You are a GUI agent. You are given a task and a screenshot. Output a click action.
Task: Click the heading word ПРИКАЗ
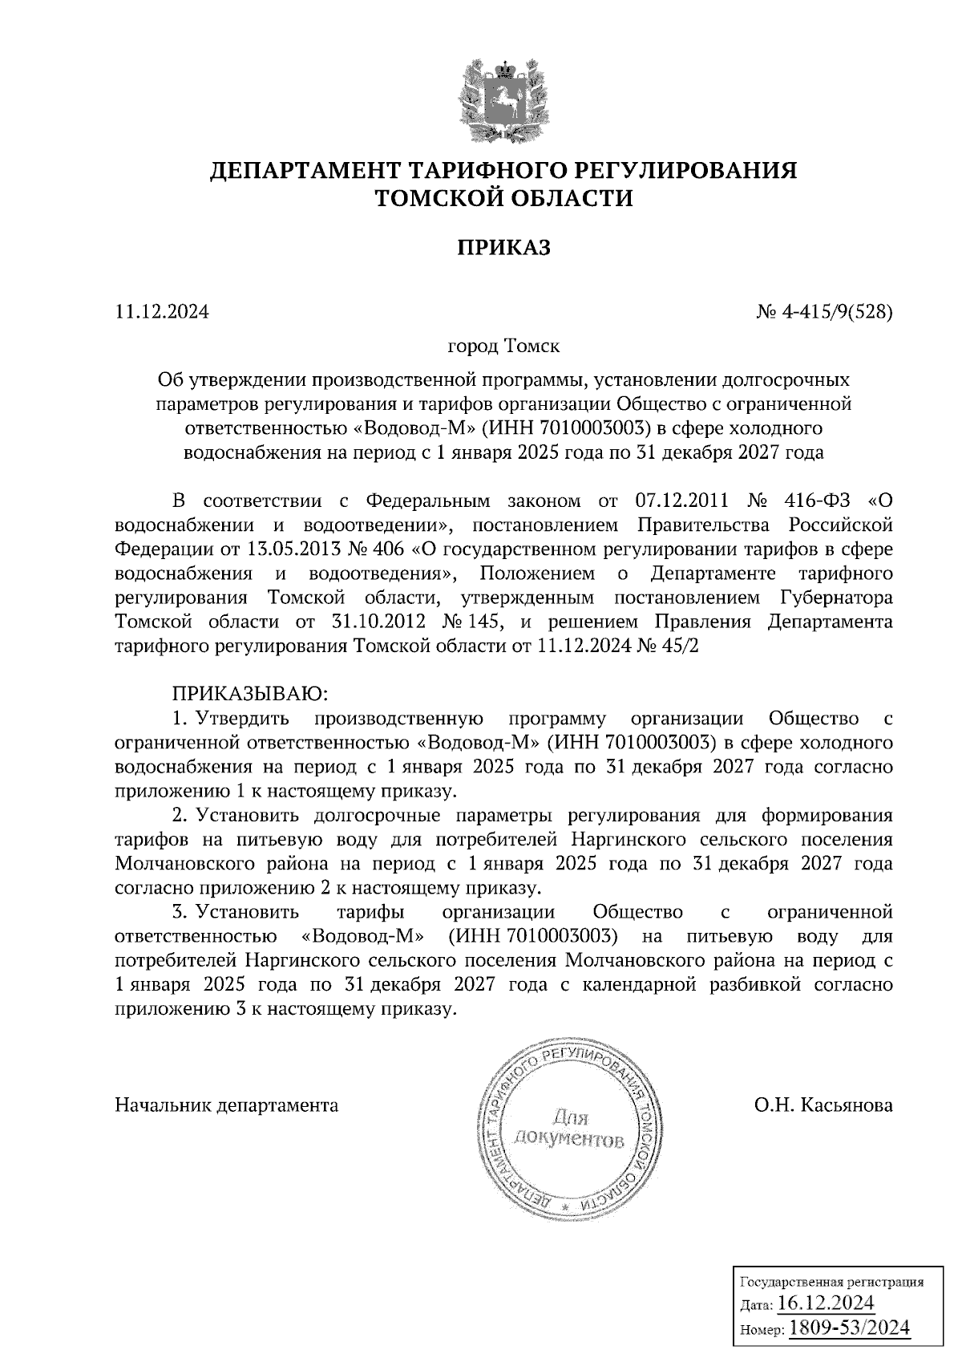point(504,248)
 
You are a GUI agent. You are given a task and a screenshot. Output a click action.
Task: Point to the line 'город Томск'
point(503,347)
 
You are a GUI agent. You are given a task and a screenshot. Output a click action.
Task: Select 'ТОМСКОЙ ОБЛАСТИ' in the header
point(504,198)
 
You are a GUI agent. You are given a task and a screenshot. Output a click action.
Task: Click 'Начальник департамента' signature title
point(227,1105)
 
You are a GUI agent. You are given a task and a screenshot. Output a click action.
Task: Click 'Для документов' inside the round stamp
point(568,1128)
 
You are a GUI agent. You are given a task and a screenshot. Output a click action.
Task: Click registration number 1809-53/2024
point(850,1328)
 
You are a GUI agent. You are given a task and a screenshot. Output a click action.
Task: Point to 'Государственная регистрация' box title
point(830,1281)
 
